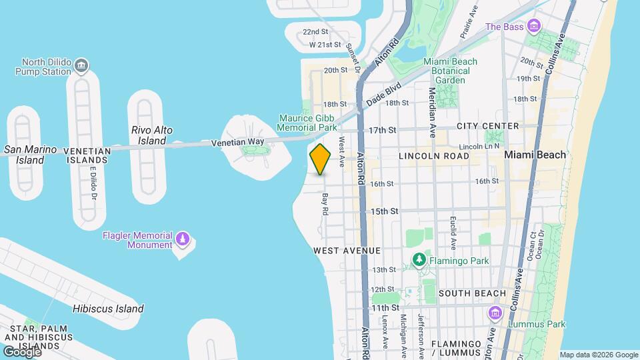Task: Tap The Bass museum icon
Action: pos(533,27)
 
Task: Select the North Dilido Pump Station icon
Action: pos(81,65)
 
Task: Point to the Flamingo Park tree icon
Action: pos(419,259)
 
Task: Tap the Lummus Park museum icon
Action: pos(495,313)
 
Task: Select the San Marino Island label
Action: pos(30,155)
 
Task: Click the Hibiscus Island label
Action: pos(108,309)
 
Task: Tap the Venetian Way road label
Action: pos(237,142)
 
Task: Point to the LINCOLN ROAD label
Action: pos(434,156)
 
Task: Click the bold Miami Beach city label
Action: pos(535,154)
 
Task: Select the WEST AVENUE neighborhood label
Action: pos(347,251)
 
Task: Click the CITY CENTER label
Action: pos(487,126)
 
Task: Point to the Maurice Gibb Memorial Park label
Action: pos(308,122)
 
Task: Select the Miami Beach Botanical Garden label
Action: pos(451,71)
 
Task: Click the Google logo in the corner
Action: pos(22,351)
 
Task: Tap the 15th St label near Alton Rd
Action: pos(385,211)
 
